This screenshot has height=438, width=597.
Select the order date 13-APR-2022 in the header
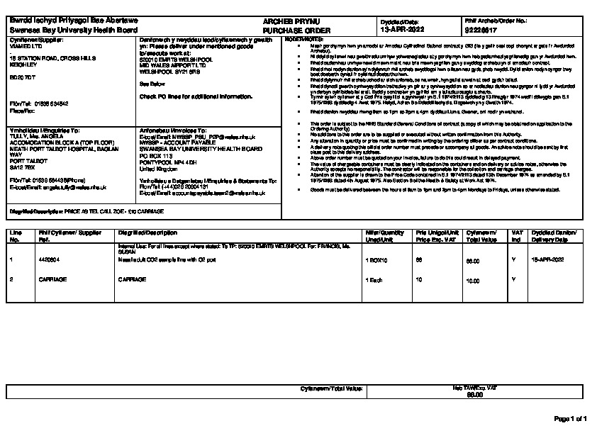click(403, 30)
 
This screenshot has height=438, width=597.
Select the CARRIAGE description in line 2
click(130, 280)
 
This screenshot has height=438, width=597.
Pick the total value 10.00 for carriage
click(472, 280)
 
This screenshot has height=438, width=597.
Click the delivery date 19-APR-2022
click(547, 260)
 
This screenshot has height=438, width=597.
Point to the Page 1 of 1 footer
click(570, 420)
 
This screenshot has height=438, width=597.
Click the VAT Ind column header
click(517, 236)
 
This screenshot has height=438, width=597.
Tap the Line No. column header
click(15, 236)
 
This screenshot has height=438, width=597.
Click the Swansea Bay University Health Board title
click(72, 31)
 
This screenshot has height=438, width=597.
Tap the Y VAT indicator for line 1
click(513, 260)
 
